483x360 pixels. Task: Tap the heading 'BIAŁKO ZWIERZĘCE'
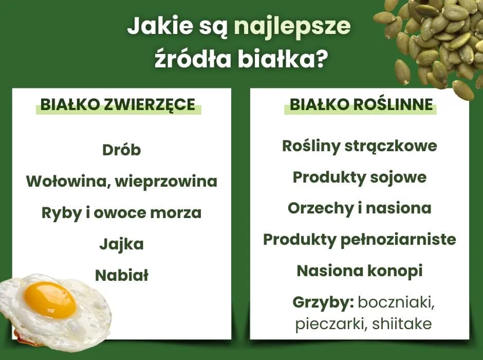click(118, 105)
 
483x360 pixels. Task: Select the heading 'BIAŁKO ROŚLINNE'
click(361, 105)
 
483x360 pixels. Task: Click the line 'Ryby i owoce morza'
click(121, 213)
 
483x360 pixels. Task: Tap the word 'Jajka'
click(121, 244)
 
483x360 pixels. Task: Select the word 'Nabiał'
click(122, 276)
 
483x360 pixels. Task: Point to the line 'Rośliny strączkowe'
click(360, 146)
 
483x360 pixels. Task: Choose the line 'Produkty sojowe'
click(360, 177)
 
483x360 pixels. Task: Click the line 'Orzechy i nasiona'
click(360, 208)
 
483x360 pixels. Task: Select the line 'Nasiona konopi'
click(360, 271)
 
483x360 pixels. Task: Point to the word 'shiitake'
click(402, 325)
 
